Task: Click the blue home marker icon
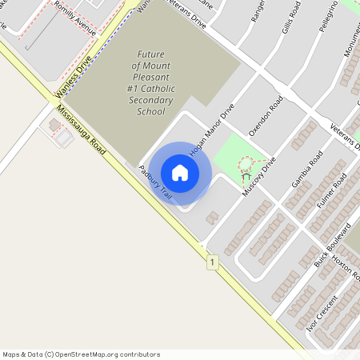pyautogui.click(x=180, y=173)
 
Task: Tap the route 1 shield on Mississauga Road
pyautogui.click(x=212, y=262)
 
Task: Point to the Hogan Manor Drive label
pyautogui.click(x=212, y=130)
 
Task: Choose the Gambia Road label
pyautogui.click(x=306, y=169)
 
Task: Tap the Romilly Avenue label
pyautogui.click(x=75, y=22)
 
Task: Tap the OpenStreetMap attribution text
pyautogui.click(x=82, y=354)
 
